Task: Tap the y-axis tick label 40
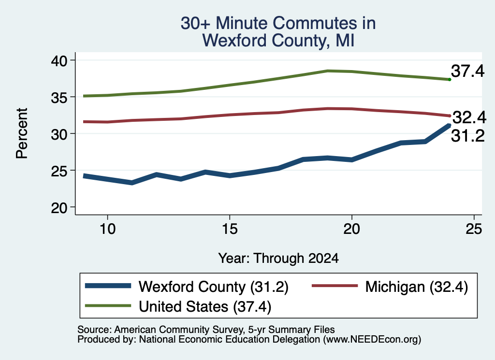point(59,60)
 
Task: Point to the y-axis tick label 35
point(59,98)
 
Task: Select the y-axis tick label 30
point(59,134)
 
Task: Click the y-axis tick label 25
point(59,171)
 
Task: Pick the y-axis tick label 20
point(59,208)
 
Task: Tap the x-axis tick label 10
point(108,229)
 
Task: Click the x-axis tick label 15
point(230,229)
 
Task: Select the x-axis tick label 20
point(352,229)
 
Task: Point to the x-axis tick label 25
point(474,229)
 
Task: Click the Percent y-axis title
point(22,133)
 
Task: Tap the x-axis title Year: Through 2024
point(278,258)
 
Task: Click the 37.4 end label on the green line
point(467,71)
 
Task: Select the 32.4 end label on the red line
point(469,117)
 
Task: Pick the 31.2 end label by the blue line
point(467,136)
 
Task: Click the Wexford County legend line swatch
point(108,286)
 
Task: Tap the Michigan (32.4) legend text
point(416,287)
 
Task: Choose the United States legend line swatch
point(108,305)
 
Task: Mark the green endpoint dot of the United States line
point(450,80)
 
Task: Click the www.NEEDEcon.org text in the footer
point(371,339)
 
